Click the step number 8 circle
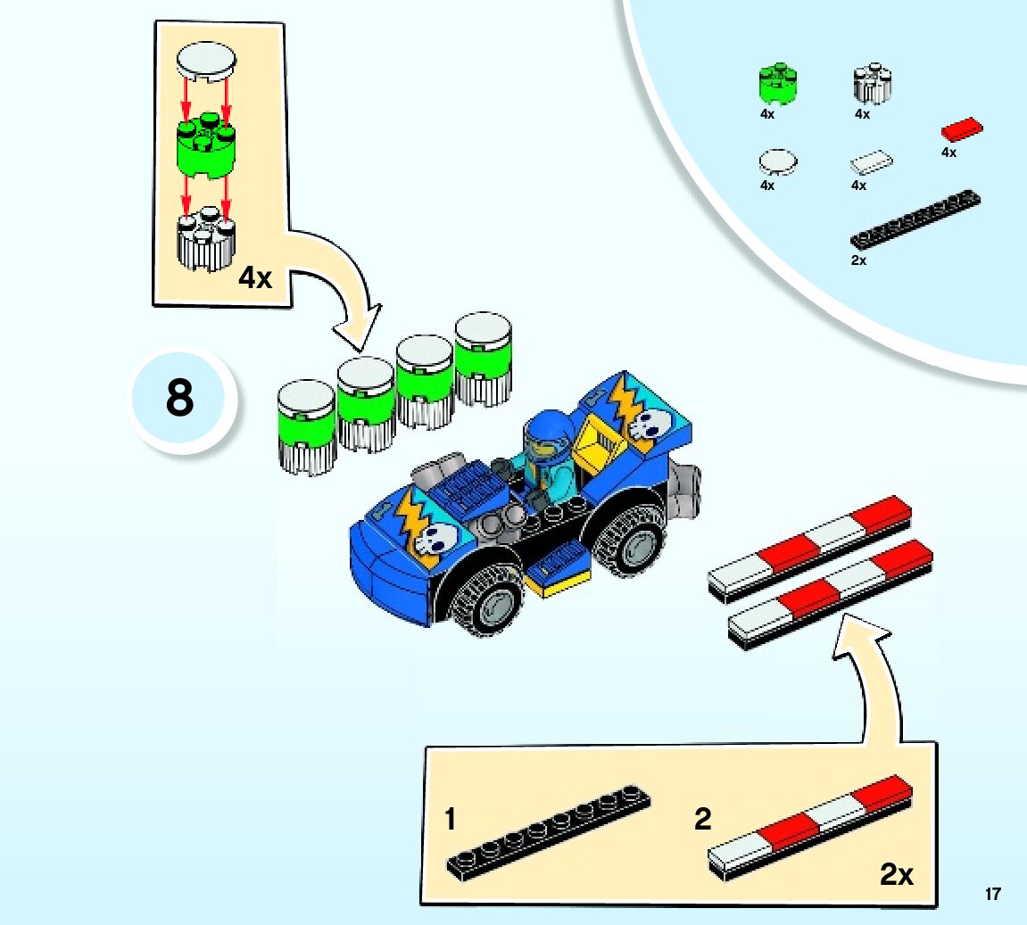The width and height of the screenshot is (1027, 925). (181, 399)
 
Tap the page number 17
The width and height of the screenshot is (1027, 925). (993, 894)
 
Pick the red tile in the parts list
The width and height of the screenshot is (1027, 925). (962, 130)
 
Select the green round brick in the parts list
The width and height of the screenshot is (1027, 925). (777, 85)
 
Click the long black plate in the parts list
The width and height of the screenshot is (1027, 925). (915, 219)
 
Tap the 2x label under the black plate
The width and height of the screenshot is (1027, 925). (858, 260)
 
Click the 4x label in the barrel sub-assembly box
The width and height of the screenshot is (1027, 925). (255, 278)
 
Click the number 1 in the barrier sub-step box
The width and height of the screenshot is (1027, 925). (451, 819)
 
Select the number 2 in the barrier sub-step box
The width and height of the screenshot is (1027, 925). (703, 819)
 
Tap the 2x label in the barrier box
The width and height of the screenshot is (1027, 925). (897, 875)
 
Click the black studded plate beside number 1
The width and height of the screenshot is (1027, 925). (548, 831)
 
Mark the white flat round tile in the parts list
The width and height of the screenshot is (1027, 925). (777, 161)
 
